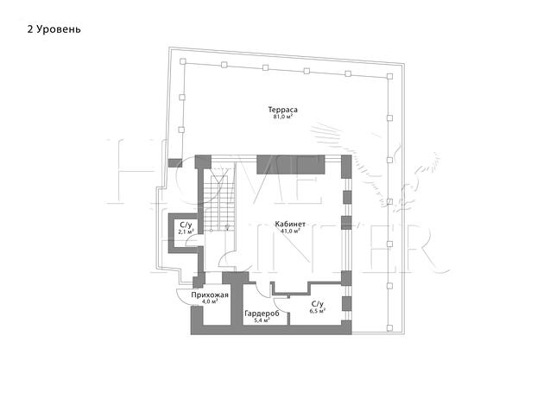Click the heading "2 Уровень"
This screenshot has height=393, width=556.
(x=54, y=29)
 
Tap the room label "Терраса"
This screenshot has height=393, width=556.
(x=282, y=110)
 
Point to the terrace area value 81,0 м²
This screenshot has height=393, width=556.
(x=282, y=116)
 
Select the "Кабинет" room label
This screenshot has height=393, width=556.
(x=290, y=225)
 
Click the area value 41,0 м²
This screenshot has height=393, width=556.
(x=290, y=231)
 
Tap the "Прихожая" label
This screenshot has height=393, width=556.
(x=210, y=295)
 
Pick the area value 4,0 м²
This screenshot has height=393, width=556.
(x=210, y=301)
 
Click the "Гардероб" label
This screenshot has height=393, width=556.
(x=262, y=314)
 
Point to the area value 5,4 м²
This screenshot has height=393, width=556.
(x=262, y=320)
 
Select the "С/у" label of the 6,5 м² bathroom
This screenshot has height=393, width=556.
(x=318, y=304)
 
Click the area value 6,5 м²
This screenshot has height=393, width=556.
(x=318, y=311)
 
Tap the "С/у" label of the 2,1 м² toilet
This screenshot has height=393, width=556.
(x=186, y=225)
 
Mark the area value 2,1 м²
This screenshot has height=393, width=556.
(x=186, y=231)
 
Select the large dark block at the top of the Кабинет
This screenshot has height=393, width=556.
(x=291, y=165)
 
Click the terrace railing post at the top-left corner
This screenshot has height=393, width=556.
(x=183, y=61)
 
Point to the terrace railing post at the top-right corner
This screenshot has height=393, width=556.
(x=389, y=76)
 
